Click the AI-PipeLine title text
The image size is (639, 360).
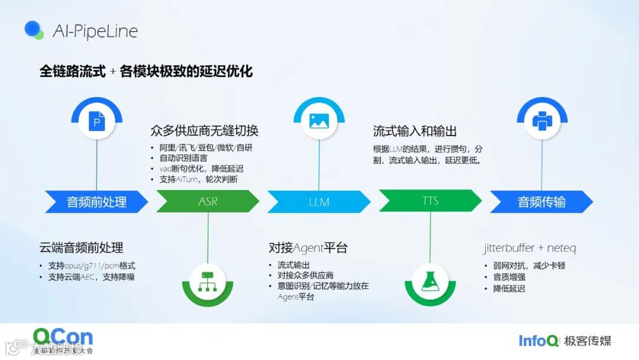(95, 31)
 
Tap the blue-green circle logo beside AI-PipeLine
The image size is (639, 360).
(34, 30)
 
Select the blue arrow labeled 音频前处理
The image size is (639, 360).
(96, 201)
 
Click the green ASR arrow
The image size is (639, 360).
(208, 201)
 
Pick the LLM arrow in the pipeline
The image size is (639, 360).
(319, 201)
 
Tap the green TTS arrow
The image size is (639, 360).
(430, 201)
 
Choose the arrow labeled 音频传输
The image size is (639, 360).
(541, 201)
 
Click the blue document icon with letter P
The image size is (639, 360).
(97, 122)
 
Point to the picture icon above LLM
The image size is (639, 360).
(319, 121)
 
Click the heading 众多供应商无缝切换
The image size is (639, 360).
(205, 130)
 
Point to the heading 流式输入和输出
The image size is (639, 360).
(415, 131)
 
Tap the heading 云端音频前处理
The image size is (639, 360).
(81, 247)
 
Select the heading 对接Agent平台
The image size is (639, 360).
(308, 247)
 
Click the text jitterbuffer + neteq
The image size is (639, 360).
(530, 248)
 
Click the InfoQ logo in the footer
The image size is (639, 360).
(538, 340)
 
